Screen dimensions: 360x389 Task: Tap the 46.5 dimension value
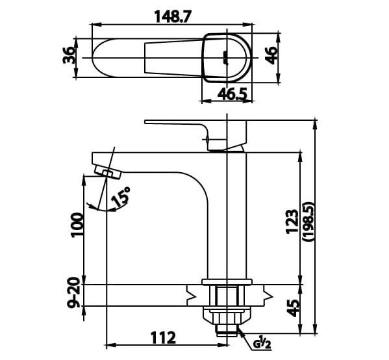(232, 95)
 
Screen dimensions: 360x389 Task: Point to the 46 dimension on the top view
(272, 57)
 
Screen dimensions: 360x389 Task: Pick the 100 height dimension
(77, 225)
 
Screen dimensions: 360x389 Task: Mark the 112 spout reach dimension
(163, 338)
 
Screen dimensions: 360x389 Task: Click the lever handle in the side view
(175, 123)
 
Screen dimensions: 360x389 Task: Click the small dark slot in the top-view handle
(226, 57)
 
